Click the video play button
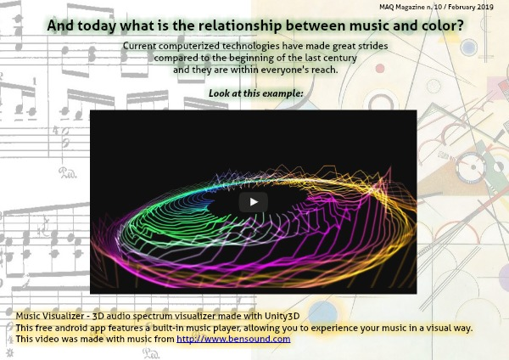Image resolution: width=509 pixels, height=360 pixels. coord(253,202)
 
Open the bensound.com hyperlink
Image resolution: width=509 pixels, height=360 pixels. coord(233,339)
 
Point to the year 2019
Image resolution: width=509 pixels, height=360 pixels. coord(485,7)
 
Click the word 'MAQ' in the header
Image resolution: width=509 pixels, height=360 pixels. coord(387,7)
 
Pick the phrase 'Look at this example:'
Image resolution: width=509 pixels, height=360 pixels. coord(256,93)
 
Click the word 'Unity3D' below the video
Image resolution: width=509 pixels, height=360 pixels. coord(282,316)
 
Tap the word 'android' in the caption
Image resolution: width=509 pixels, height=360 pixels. coord(70,328)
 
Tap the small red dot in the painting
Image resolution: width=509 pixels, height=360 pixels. coord(380,69)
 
